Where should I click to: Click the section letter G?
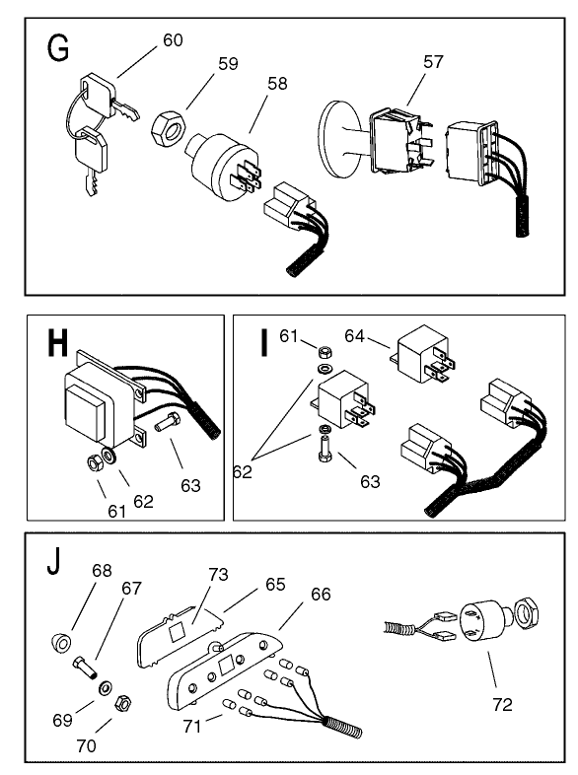tap(58, 46)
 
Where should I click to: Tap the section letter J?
tap(55, 567)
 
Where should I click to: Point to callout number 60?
tap(173, 40)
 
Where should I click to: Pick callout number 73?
tap(219, 574)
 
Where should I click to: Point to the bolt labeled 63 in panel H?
tap(164, 430)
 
